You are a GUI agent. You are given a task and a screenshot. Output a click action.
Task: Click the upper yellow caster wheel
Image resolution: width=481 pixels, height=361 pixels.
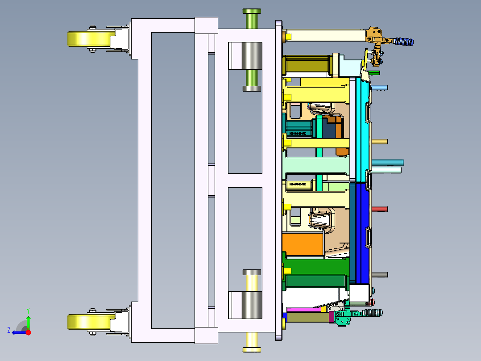tap(89, 39)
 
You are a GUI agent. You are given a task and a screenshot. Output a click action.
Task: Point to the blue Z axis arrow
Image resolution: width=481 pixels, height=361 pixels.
tap(18, 332)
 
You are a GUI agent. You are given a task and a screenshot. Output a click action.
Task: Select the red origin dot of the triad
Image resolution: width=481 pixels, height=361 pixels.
tap(28, 332)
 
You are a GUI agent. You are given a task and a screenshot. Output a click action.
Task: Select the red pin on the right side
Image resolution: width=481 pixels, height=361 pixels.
tap(379, 209)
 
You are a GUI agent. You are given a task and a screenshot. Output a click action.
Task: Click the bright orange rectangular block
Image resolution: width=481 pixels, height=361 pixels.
tap(303, 245)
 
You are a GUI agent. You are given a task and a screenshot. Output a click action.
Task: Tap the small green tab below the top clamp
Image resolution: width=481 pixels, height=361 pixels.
tap(375, 72)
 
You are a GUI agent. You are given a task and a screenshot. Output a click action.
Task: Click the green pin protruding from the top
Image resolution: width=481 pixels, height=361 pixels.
tap(252, 18)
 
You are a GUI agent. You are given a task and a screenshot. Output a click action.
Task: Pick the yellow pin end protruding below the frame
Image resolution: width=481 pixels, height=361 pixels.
tap(252, 344)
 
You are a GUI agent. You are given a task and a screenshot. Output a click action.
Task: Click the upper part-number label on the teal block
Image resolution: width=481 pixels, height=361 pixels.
tap(298, 133)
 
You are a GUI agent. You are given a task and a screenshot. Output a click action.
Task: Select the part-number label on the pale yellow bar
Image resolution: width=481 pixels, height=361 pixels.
tap(298, 184)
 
